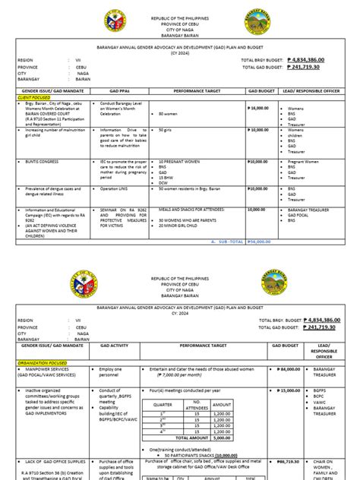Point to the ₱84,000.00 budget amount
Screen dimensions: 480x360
click(x=288, y=369)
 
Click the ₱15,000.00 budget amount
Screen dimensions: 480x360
click(x=288, y=390)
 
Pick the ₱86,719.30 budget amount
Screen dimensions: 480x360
click(x=288, y=461)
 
